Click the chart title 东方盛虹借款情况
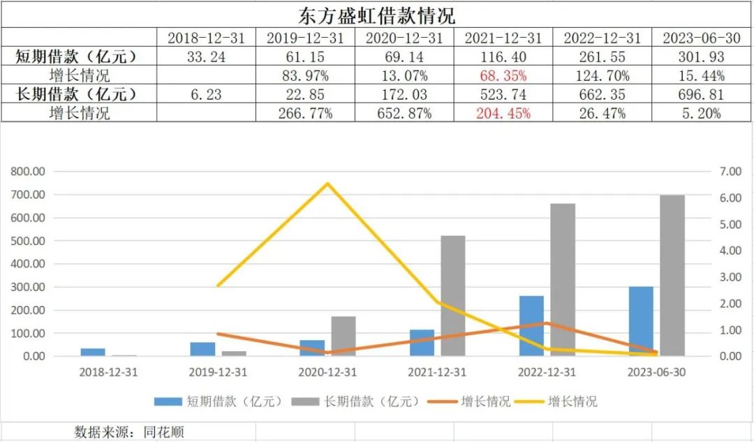tap(377, 14)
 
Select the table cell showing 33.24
tap(207, 57)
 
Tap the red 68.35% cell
tap(503, 75)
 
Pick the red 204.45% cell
tap(503, 112)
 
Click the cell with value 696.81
tap(702, 94)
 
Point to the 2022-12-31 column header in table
tap(602, 38)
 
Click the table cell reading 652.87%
tap(405, 112)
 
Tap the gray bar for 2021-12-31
tap(453, 296)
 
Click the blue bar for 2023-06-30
tap(641, 321)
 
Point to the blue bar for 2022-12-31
tap(531, 326)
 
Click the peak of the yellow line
tap(327, 184)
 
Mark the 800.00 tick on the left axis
tap(29, 171)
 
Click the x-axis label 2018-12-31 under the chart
tap(109, 372)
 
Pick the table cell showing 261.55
tap(602, 57)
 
